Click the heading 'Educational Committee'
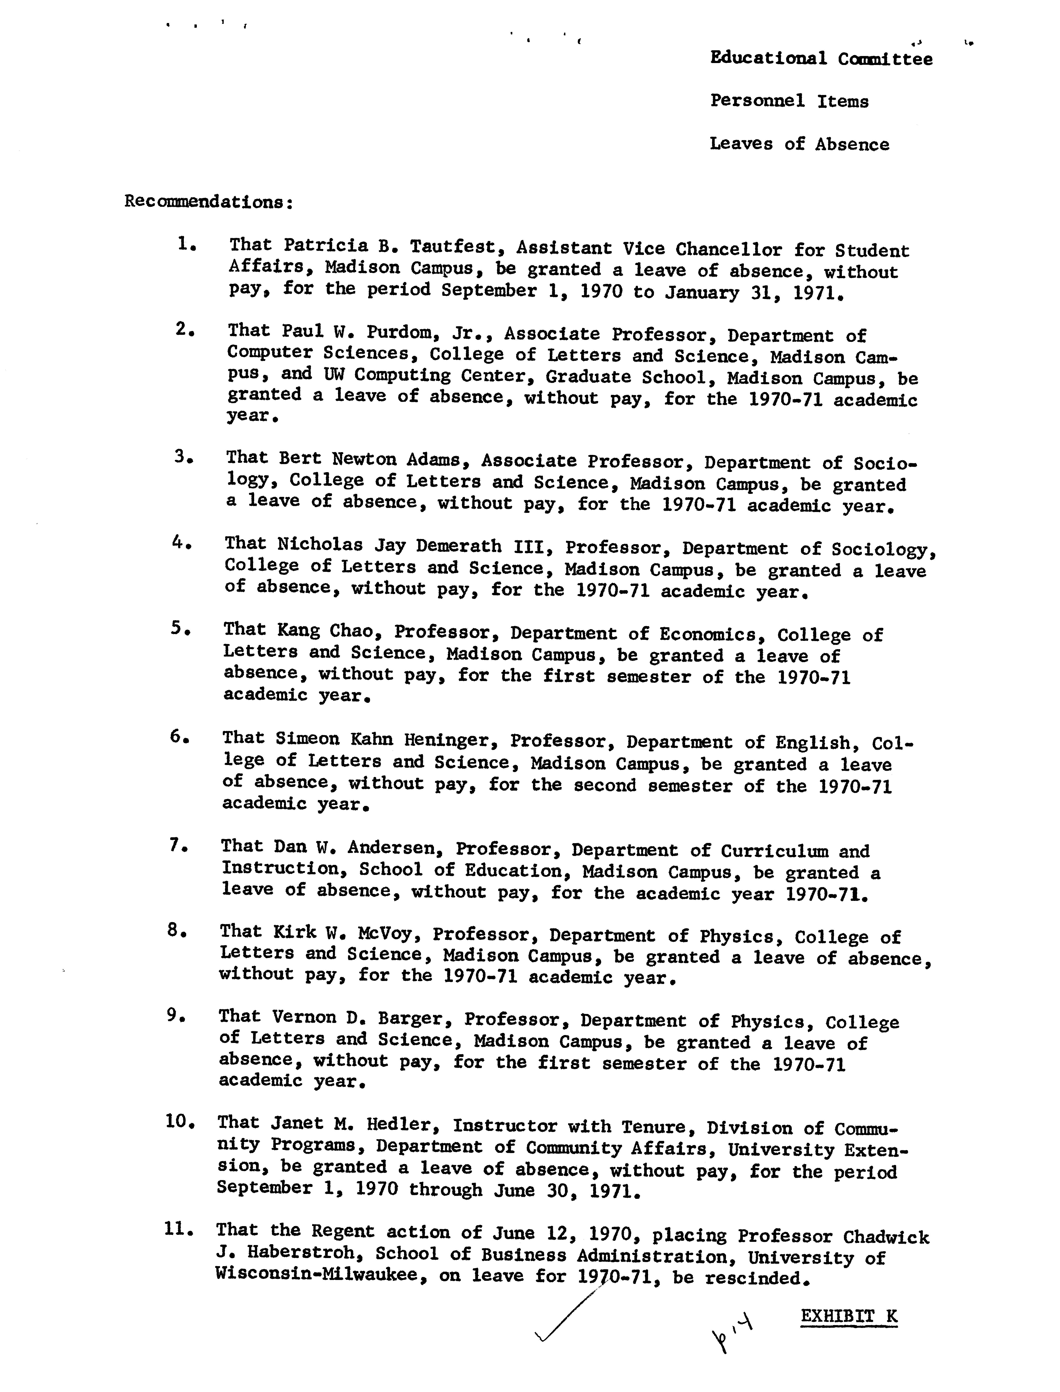coord(821,59)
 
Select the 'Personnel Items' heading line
coord(789,101)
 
